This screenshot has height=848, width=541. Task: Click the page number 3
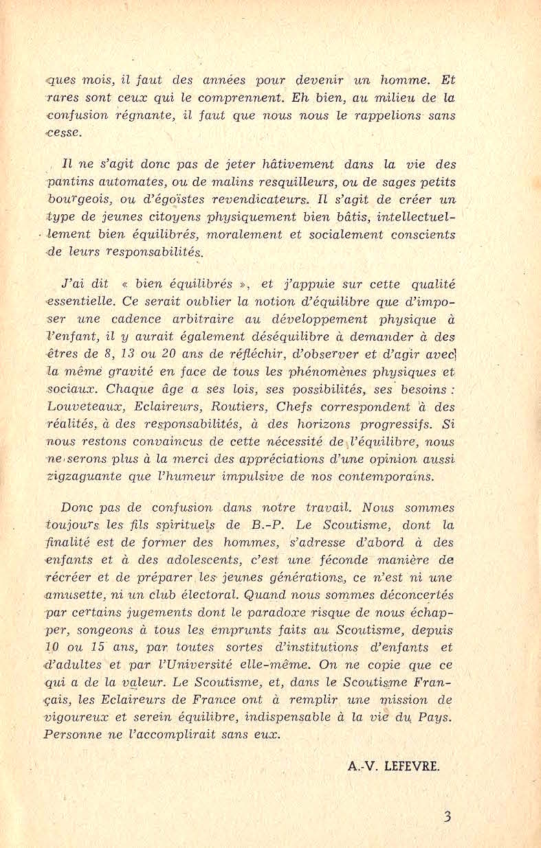point(448,817)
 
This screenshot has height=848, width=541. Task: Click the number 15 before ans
point(103,647)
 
